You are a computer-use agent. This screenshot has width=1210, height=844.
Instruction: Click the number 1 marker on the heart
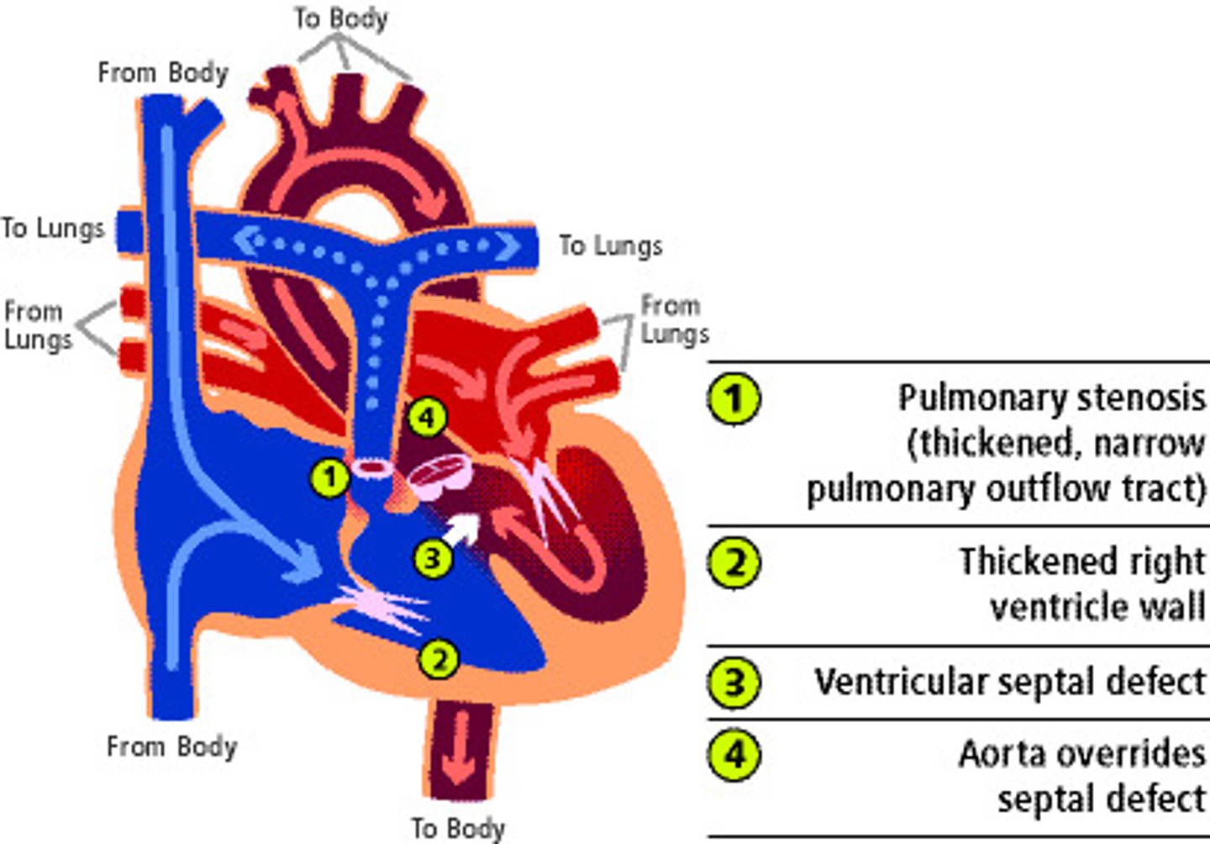330,477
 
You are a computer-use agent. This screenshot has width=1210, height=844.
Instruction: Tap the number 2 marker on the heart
439,659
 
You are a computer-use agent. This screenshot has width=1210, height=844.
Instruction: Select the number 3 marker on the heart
433,557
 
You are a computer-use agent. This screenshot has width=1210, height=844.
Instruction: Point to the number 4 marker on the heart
427,417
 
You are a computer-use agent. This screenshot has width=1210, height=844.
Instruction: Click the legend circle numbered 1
734,398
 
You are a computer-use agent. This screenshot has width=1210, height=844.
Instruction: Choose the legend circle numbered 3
734,682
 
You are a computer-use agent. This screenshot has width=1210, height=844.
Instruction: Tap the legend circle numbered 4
734,754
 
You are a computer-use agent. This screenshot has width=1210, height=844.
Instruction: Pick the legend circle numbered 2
734,562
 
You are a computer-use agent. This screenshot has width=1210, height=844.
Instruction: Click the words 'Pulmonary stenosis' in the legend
1051,398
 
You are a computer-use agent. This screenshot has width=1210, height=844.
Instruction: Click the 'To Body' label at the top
340,18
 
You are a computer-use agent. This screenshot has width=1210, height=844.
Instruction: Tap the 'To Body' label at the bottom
458,827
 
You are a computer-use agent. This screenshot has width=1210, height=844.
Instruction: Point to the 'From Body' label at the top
163,73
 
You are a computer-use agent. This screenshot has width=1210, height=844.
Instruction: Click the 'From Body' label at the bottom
171,746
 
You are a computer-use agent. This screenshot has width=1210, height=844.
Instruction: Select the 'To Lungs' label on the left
52,228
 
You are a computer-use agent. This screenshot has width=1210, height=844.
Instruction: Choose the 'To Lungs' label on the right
611,245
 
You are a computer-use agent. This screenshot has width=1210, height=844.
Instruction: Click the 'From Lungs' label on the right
674,319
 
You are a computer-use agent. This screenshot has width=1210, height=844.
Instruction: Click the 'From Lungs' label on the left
37,325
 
